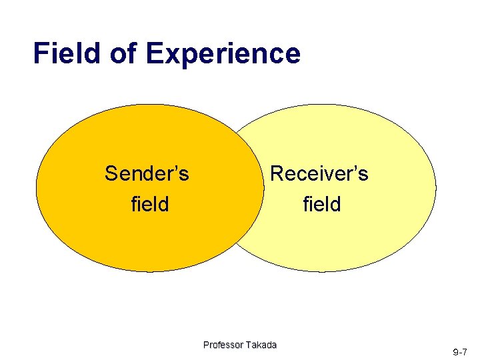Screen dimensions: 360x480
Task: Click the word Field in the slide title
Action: [x=67, y=53]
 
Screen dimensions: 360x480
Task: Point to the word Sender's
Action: [x=147, y=174]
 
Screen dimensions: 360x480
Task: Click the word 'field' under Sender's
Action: [x=150, y=203]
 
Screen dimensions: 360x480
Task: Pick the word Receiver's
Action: [x=319, y=174]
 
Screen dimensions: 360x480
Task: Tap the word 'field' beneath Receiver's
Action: [x=321, y=203]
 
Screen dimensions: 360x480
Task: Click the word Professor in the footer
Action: [x=223, y=345]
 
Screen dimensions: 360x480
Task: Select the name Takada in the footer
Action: [x=261, y=345]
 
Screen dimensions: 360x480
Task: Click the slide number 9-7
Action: [x=460, y=351]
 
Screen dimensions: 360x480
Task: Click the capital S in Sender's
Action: [x=111, y=174]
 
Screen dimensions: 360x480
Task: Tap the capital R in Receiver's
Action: [x=276, y=174]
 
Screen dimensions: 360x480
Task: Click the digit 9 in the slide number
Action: [x=455, y=351]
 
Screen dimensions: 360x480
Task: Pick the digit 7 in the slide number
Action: [x=465, y=351]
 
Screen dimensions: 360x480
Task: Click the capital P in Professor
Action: [x=206, y=345]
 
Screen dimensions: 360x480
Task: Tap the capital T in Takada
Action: [x=249, y=345]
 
